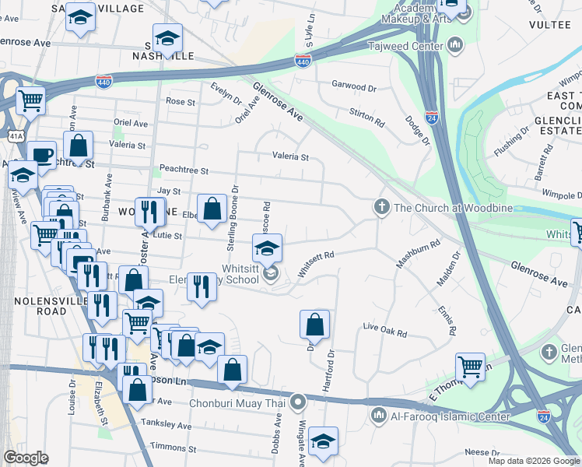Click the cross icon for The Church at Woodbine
coord(381,207)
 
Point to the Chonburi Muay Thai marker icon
coord(296,402)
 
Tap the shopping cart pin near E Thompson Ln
coord(470,366)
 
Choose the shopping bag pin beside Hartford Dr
coord(314,324)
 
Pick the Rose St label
coord(180,101)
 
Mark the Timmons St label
coord(174,448)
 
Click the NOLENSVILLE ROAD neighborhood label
coord(34,305)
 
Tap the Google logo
coord(26,458)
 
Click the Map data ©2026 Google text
coord(533,461)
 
